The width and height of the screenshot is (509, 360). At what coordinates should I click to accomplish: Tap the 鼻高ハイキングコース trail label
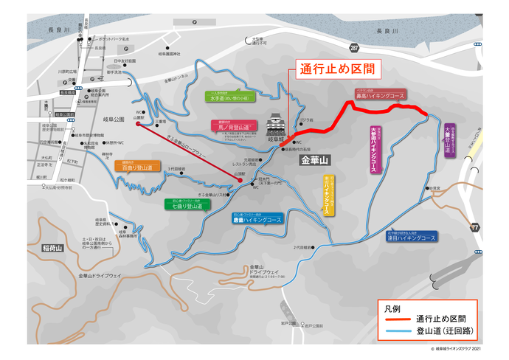pos(380,95)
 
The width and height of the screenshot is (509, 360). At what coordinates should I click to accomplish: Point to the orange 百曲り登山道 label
pos(137,168)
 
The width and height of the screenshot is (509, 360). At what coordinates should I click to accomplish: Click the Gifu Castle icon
pos(276,123)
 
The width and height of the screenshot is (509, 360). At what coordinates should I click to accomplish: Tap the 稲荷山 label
pos(53,249)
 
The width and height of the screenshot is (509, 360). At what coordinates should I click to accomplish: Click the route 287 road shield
pos(354,48)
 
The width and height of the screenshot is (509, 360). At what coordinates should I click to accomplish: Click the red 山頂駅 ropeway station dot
pos(240,179)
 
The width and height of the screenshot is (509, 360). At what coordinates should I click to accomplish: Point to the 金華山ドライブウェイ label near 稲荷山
pos(99,275)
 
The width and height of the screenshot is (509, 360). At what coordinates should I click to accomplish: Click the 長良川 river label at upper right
pos(387,31)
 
